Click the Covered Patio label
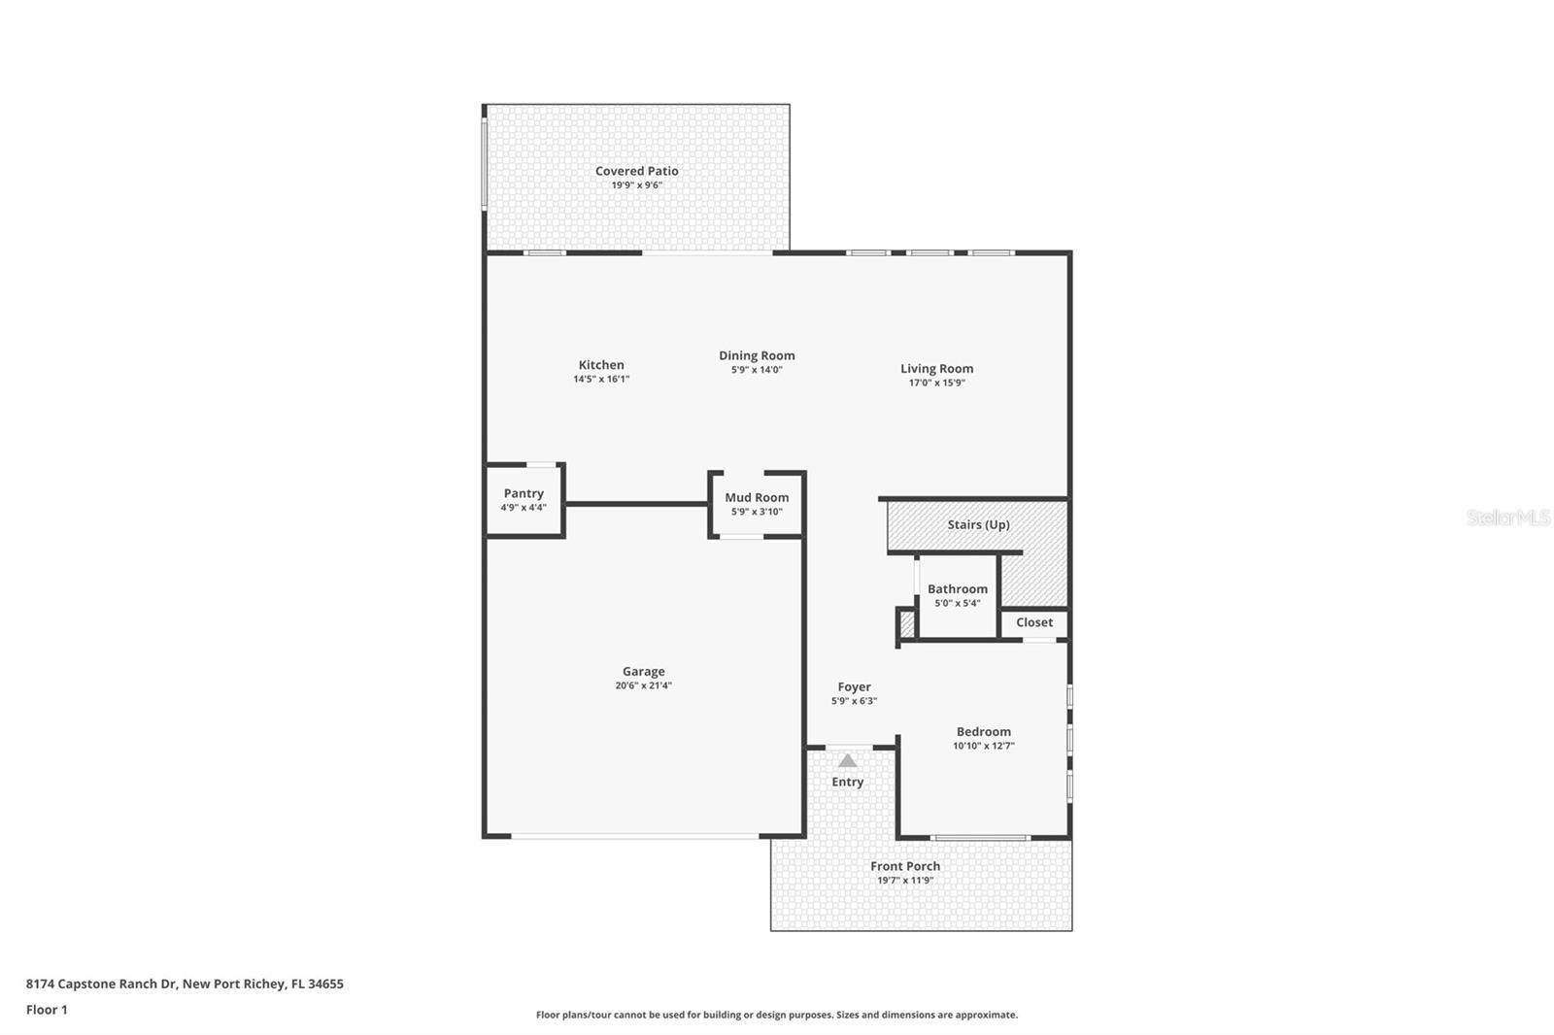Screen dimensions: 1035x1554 click(636, 171)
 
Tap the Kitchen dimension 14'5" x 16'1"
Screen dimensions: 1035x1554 click(601, 380)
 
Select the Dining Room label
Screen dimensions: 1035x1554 click(757, 355)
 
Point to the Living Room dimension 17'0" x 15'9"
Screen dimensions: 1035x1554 click(936, 383)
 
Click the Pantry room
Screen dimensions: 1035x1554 click(524, 499)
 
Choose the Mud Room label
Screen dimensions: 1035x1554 click(757, 497)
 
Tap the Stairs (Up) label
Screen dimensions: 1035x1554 click(978, 524)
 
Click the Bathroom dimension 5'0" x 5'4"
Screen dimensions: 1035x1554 click(957, 603)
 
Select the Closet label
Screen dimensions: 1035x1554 click(1034, 622)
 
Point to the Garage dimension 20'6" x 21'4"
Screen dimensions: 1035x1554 click(643, 685)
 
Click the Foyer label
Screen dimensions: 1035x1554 click(854, 686)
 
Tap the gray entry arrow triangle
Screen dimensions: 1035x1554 click(848, 761)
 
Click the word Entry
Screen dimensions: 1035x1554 click(847, 782)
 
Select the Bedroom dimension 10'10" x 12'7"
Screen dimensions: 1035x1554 click(983, 746)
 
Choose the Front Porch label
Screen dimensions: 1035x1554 click(905, 866)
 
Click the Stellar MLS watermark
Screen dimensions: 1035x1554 click(1507, 517)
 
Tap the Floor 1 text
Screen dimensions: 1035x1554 click(47, 1010)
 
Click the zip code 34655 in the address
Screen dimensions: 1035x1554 click(325, 984)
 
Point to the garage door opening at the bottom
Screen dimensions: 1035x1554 click(635, 836)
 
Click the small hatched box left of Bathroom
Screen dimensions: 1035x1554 click(907, 623)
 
